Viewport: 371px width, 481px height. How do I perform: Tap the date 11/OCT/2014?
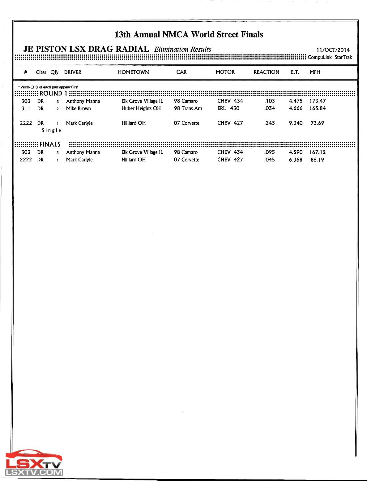click(333, 50)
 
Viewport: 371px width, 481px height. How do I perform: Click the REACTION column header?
click(266, 72)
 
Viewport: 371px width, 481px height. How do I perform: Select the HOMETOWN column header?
click(133, 72)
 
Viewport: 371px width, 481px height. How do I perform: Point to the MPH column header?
click(314, 72)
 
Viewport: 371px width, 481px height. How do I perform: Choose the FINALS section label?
click(50, 145)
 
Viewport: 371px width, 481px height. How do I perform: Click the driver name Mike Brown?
click(78, 109)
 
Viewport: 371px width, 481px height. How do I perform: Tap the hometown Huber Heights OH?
click(141, 109)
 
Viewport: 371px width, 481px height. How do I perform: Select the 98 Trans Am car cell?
click(188, 109)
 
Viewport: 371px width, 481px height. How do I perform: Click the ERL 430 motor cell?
click(228, 109)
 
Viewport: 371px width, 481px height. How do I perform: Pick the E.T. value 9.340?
click(296, 123)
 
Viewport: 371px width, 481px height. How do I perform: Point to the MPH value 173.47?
click(318, 101)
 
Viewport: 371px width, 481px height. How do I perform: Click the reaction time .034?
click(269, 109)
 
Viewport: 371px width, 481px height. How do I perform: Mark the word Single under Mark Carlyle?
click(51, 130)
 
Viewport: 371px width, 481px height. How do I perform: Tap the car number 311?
click(26, 109)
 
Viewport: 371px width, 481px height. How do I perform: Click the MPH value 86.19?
click(317, 160)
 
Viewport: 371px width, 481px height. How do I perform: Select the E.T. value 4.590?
click(296, 152)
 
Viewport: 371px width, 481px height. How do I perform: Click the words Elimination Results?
click(183, 50)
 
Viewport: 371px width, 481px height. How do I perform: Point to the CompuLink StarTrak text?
click(330, 57)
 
